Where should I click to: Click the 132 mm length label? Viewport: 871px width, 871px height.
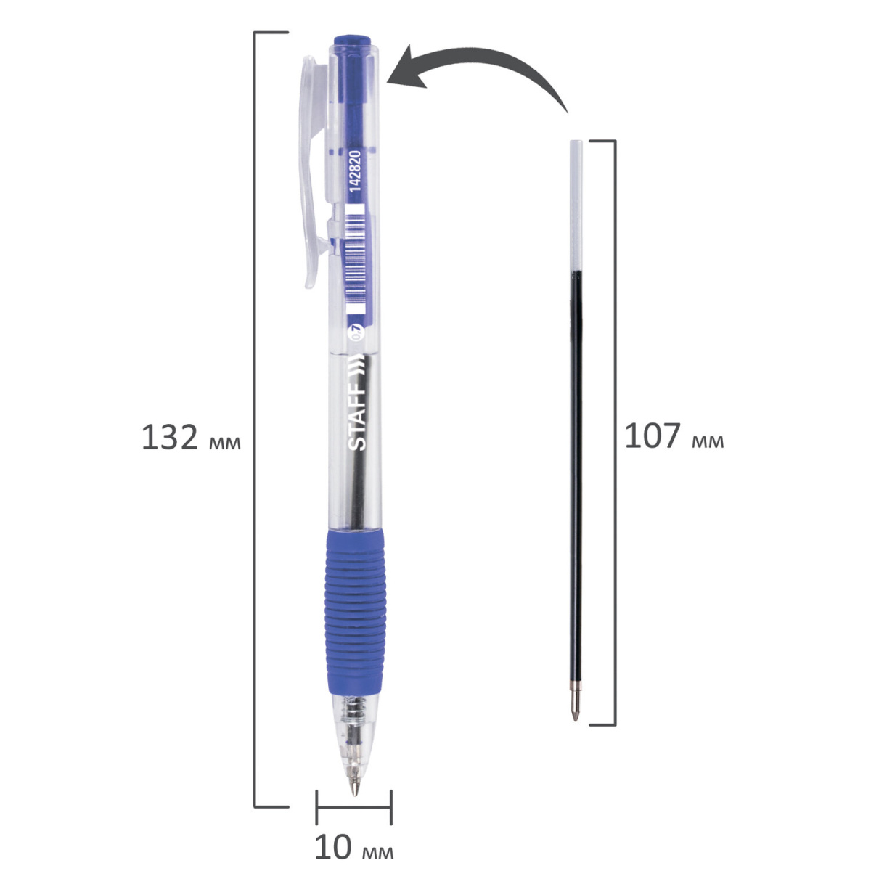click(x=191, y=438)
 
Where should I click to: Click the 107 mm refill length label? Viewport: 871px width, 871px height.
click(x=674, y=436)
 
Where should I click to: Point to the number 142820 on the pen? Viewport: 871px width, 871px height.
click(x=356, y=171)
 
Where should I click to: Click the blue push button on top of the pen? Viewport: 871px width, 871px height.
click(x=353, y=40)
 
